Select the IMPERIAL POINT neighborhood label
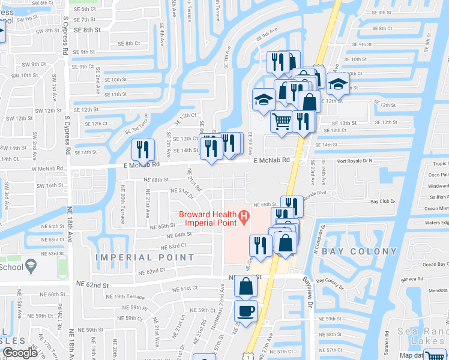coord(146,257)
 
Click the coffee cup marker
coord(246,311)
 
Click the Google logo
coord(20,353)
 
